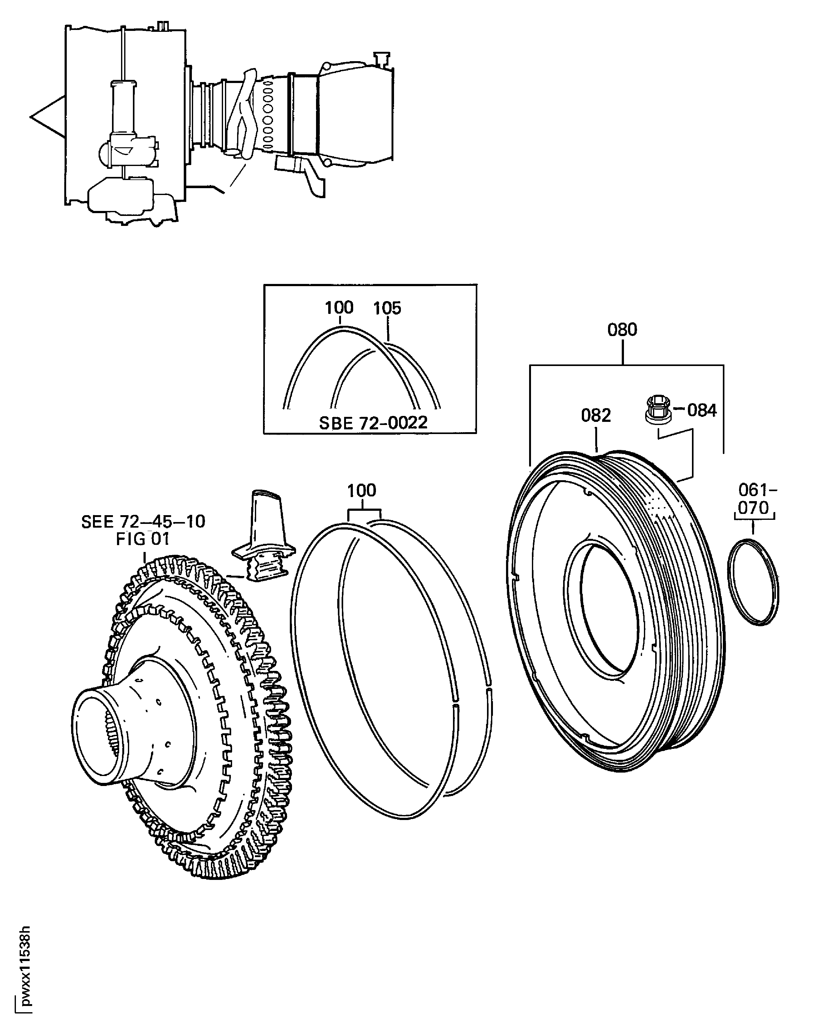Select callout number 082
596,415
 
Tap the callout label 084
702,410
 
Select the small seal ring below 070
753,582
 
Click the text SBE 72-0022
373,423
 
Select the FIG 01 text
143,539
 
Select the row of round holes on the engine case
268,115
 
